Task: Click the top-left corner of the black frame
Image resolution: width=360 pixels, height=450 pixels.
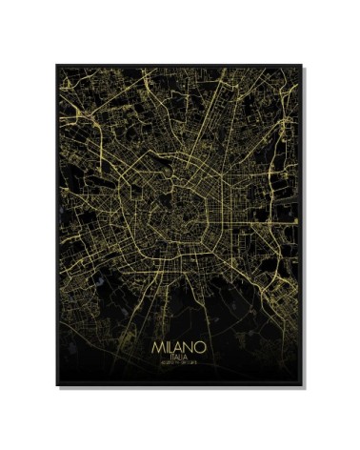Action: point(56,65)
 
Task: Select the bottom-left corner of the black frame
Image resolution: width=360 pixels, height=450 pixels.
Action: point(56,385)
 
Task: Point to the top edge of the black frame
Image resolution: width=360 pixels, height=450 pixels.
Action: point(179,65)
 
